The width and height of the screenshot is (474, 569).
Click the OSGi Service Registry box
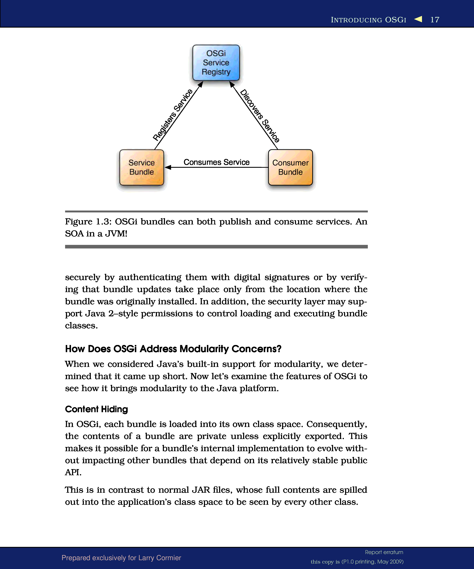[x=216, y=63]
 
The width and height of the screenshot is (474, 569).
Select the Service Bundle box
[x=141, y=168]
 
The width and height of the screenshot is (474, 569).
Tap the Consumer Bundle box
[x=290, y=168]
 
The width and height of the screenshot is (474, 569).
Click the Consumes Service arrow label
[x=216, y=162]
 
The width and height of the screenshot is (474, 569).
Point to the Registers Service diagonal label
[x=173, y=115]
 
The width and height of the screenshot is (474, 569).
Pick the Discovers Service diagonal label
[x=260, y=116]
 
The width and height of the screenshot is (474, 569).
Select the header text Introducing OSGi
[x=368, y=20]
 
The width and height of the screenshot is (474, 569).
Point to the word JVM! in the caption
[x=116, y=234]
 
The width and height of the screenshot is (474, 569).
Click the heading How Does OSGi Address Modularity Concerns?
[x=173, y=349]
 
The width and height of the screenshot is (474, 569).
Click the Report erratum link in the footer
[x=384, y=552]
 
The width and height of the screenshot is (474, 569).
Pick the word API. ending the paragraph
[x=73, y=472]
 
